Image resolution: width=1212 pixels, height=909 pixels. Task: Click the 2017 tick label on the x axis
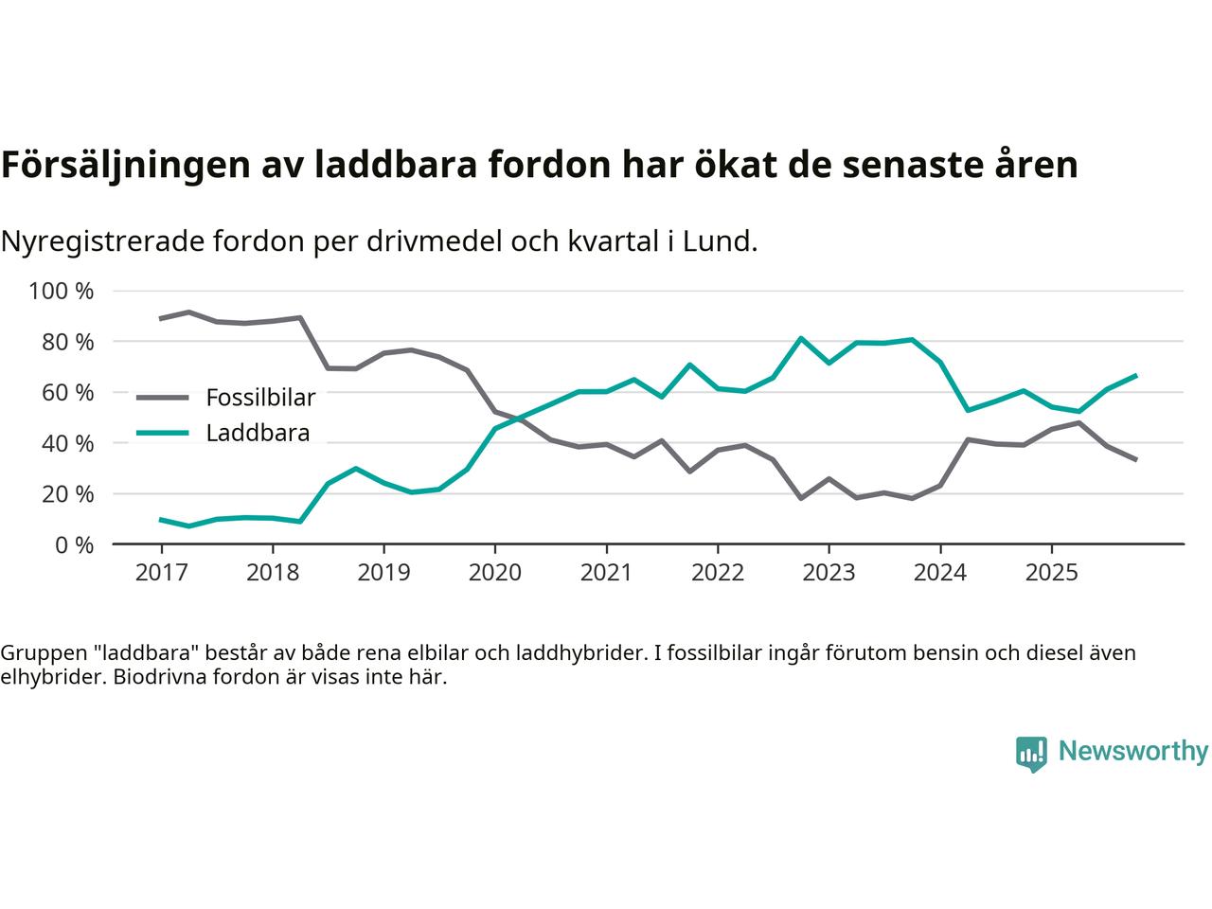click(x=161, y=573)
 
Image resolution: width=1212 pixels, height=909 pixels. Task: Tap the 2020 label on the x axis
click(x=494, y=573)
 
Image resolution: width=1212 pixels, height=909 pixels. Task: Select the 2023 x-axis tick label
click(x=829, y=573)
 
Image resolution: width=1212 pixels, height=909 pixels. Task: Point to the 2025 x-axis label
click(x=1051, y=573)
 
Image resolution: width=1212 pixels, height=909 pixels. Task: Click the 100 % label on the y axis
click(x=62, y=291)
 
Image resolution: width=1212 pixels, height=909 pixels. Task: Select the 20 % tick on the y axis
click(x=67, y=493)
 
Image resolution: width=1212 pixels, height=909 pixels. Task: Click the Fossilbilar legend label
click(x=260, y=397)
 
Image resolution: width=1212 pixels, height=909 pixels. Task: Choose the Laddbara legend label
click(x=258, y=434)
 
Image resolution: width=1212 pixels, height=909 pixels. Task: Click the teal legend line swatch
click(x=162, y=434)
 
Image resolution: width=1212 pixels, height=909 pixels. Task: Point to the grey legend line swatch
click(x=162, y=397)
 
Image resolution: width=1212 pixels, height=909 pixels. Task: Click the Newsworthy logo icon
click(x=1031, y=754)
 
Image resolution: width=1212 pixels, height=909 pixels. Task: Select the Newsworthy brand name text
click(x=1132, y=752)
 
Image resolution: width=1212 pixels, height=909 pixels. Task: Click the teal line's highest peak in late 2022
click(x=801, y=338)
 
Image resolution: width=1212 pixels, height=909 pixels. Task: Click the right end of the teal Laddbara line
click(x=1135, y=376)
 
